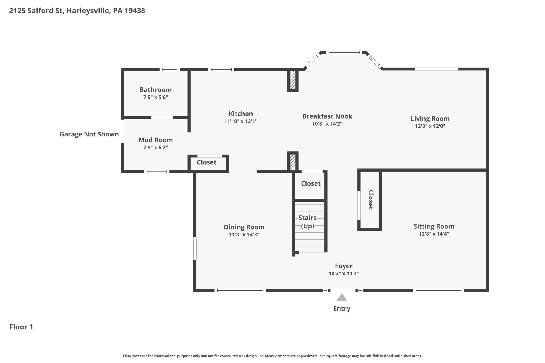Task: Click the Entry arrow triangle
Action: [x=342, y=298]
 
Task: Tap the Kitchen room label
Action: [x=241, y=114]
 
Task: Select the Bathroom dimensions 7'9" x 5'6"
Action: [x=155, y=97]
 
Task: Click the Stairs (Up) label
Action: [x=307, y=222]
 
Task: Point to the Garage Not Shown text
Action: [x=89, y=134]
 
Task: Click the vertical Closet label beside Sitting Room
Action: [x=370, y=200]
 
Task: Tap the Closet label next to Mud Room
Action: [x=207, y=162]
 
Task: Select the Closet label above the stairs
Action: [x=311, y=183]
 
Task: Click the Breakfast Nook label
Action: [x=327, y=116]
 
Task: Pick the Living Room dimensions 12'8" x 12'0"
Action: [x=430, y=126]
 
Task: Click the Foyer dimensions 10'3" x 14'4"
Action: [x=344, y=273]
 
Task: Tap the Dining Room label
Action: [x=244, y=227]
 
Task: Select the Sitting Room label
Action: [x=434, y=226]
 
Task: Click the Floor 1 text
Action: [x=21, y=327]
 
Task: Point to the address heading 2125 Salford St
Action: [x=77, y=11]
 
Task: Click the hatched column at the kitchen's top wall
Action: [x=293, y=80]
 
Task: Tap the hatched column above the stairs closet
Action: [x=293, y=162]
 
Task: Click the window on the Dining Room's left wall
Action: [x=195, y=248]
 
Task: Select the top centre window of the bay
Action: [x=344, y=53]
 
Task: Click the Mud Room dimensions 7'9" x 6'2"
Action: [x=155, y=148]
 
